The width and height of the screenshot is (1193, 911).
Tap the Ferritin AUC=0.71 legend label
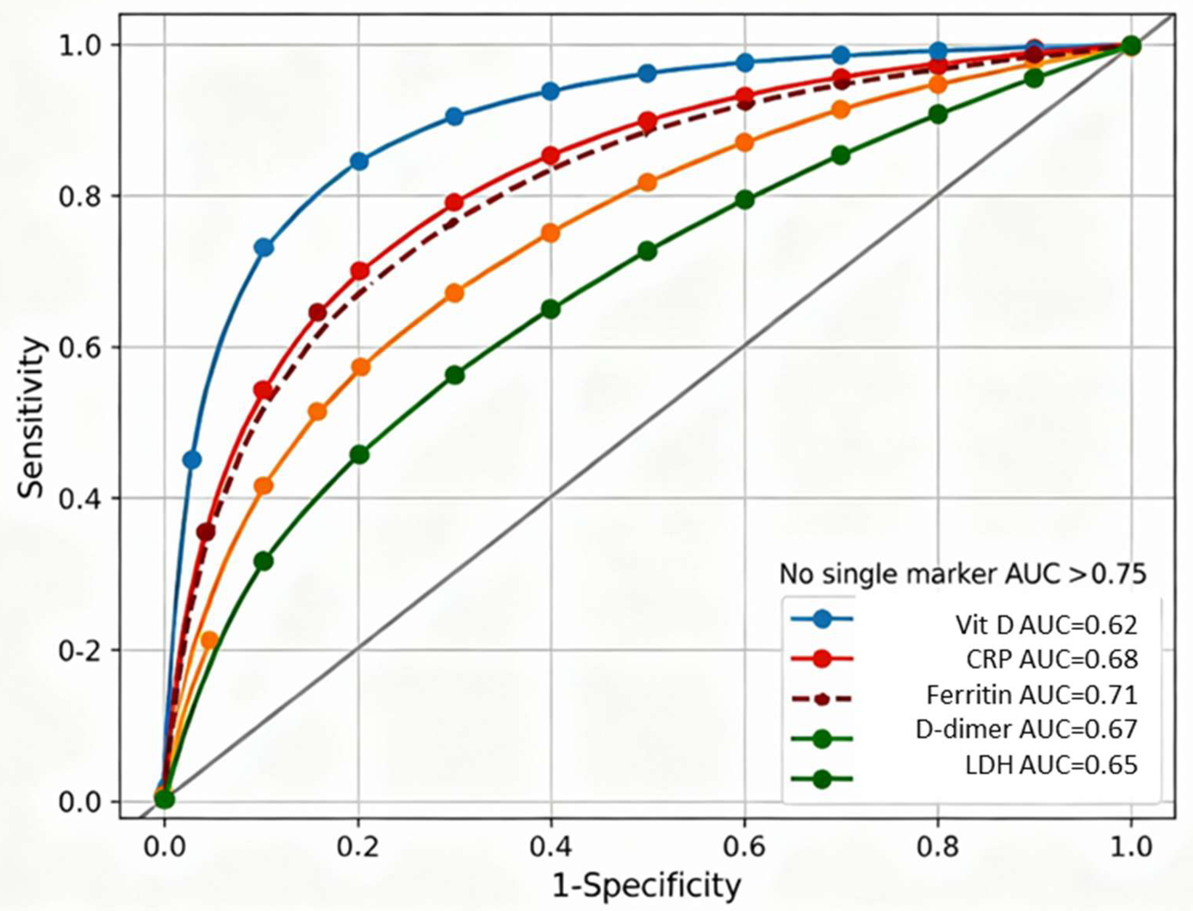point(1031,695)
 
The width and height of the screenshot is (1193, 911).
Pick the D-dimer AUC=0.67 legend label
point(1026,730)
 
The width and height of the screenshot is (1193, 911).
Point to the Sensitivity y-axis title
point(30,417)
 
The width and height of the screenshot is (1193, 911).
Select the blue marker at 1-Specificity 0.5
point(647,73)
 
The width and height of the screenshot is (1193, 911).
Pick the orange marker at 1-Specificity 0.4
point(551,233)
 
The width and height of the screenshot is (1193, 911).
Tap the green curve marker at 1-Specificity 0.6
point(746,200)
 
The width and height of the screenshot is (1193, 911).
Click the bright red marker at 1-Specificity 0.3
point(454,202)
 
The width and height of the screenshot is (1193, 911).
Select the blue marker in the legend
point(822,619)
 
